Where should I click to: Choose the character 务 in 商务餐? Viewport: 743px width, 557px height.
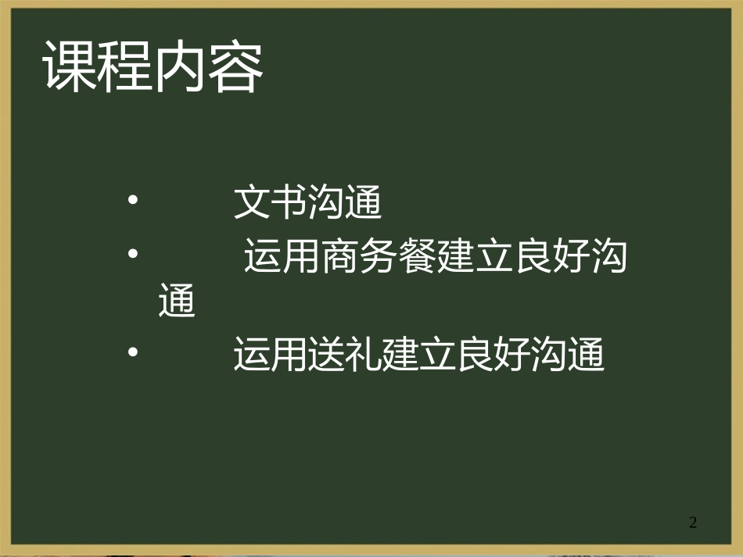378,259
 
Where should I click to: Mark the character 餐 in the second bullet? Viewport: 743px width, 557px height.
416,259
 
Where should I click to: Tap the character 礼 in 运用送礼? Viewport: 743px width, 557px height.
365,356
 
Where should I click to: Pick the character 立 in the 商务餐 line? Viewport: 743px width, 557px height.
493,259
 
